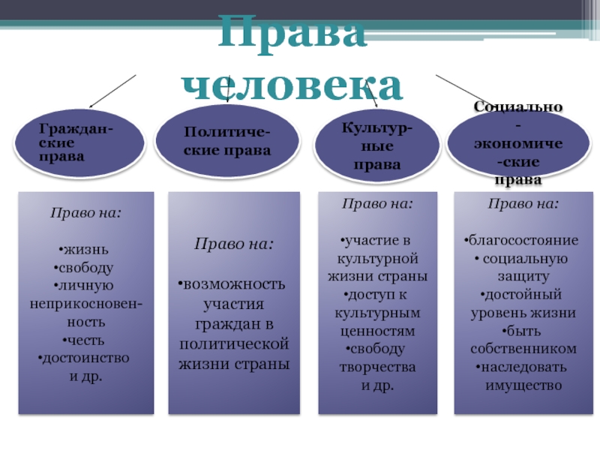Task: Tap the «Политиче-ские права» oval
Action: click(227, 141)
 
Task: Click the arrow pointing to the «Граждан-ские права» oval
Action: click(112, 92)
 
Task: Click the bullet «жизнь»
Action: click(87, 247)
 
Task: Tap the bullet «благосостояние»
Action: click(523, 240)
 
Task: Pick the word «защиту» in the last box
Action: click(523, 277)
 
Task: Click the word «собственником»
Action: click(523, 349)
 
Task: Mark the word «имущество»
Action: click(523, 385)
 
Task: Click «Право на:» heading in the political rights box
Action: click(234, 244)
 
